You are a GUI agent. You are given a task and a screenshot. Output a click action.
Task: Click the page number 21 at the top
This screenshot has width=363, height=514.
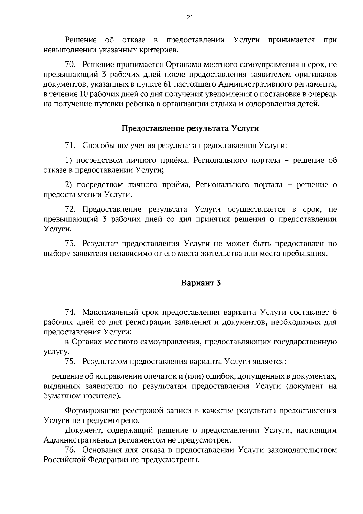click(190, 17)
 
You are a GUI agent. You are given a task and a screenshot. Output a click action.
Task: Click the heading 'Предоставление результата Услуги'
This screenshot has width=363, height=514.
click(190, 128)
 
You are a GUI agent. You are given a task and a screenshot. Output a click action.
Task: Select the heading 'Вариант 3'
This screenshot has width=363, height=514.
click(201, 283)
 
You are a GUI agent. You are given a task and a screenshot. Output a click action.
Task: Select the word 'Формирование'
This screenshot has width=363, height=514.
click(91, 411)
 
